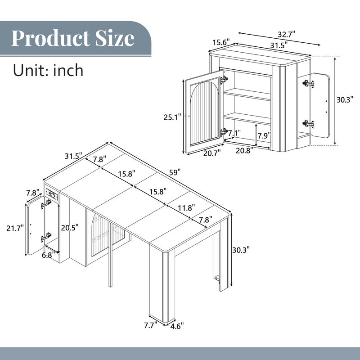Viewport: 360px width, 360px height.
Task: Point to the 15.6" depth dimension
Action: click(221, 42)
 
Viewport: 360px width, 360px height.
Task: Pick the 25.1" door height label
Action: click(173, 117)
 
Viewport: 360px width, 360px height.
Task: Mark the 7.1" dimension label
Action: click(235, 133)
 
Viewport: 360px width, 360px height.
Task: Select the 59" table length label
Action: click(175, 171)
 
